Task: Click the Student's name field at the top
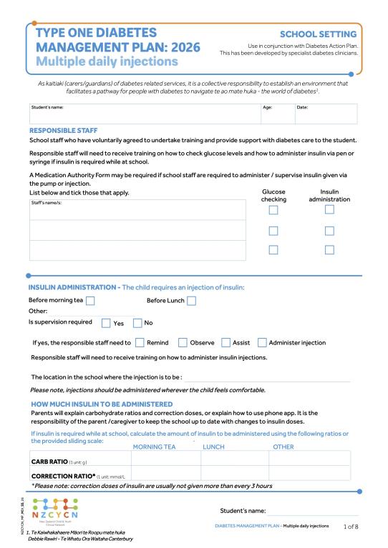point(143,115)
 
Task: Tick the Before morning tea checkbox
point(90,301)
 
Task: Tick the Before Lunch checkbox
point(191,301)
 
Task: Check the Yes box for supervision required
point(106,323)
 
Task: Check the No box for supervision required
point(138,323)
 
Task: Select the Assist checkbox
point(225,343)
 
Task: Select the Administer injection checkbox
point(262,343)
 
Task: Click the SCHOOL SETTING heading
point(317,34)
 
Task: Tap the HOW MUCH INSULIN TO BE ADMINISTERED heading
point(101,404)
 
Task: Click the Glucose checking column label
point(273,196)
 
